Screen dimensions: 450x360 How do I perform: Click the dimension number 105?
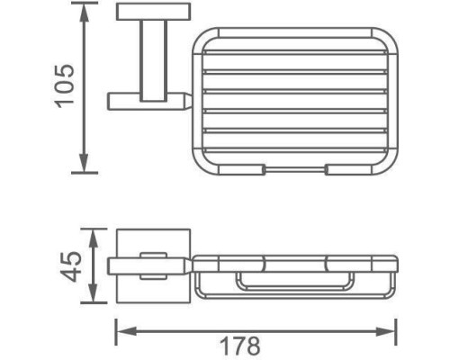pos(64,86)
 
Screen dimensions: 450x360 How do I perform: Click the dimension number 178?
pos(240,346)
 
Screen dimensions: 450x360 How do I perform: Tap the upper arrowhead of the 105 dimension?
pos(85,13)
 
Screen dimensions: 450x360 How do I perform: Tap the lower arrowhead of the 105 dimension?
pos(85,163)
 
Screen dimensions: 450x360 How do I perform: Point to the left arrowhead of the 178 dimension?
pos(126,331)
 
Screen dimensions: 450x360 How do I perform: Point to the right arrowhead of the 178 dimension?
pos(386,331)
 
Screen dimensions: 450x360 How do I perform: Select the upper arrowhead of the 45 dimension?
pos(94,238)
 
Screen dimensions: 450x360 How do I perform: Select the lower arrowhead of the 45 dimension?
pos(94,293)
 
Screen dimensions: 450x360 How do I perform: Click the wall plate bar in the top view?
pos(153,12)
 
